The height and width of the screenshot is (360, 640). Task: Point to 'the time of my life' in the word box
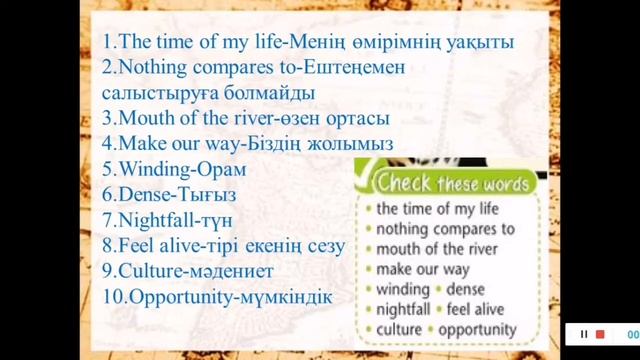(x=441, y=209)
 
